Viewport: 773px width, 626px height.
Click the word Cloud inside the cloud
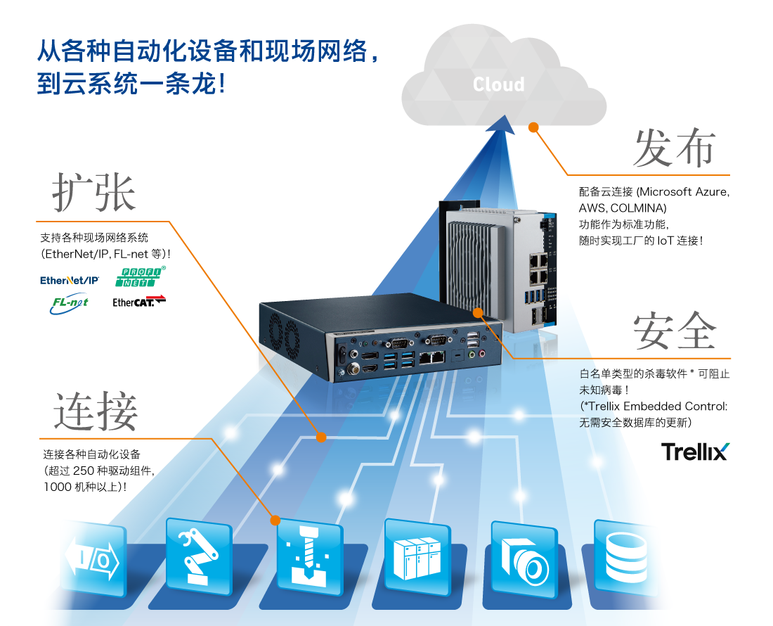click(x=498, y=84)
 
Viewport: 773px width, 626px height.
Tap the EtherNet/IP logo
click(x=70, y=280)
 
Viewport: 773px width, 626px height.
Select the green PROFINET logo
click(x=140, y=276)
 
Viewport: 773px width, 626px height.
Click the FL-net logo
click(x=69, y=303)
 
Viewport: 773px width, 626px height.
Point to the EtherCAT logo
click(x=139, y=302)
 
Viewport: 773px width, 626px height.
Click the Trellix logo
click(x=695, y=452)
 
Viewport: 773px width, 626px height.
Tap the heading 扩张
click(x=93, y=193)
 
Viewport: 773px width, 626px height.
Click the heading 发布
click(x=673, y=148)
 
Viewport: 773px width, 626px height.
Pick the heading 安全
click(x=674, y=330)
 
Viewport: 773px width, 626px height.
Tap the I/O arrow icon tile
click(x=93, y=558)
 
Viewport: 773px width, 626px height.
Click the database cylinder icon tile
click(x=625, y=558)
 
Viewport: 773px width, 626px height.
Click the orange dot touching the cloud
click(x=533, y=127)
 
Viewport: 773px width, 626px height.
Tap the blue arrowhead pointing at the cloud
click(x=502, y=124)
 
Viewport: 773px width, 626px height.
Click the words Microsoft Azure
click(x=684, y=192)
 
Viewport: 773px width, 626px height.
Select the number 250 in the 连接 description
click(x=83, y=471)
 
